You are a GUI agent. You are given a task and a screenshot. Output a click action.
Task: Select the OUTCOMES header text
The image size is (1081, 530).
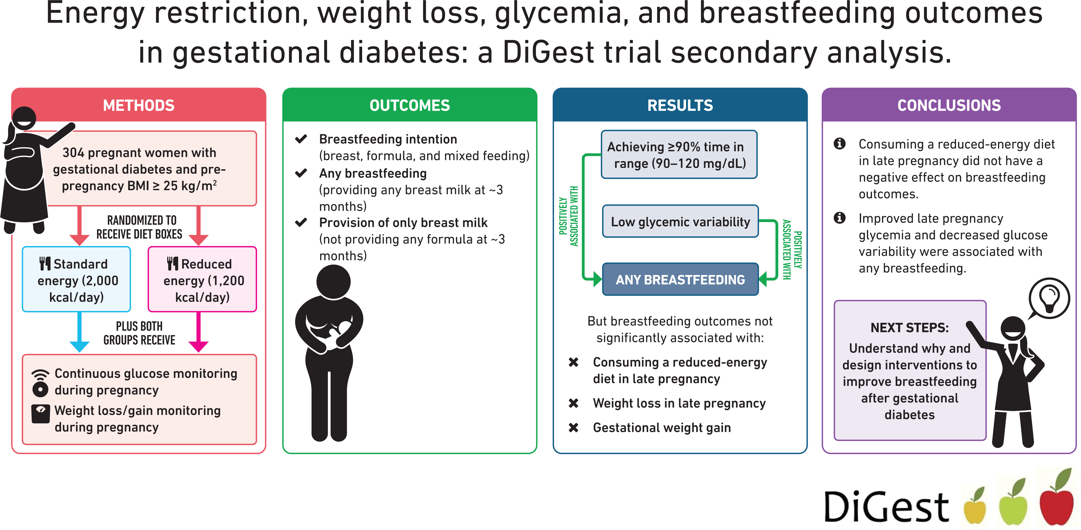click(410, 105)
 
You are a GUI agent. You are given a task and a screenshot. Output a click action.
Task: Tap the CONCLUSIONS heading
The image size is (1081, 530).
click(949, 105)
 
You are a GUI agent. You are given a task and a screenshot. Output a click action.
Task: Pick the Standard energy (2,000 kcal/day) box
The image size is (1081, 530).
click(76, 279)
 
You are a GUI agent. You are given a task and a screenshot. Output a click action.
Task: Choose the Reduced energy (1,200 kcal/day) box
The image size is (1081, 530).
click(202, 279)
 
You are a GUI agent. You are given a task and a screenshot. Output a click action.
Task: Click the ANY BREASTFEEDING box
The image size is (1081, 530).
click(680, 279)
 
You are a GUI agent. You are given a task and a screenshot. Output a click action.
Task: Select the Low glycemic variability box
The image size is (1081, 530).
click(680, 222)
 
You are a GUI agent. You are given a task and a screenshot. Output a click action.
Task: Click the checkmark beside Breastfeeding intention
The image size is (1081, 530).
click(301, 139)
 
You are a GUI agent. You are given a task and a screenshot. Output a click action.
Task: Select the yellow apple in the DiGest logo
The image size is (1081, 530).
click(975, 507)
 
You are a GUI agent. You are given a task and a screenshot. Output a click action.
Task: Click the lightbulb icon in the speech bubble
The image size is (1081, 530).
click(1049, 298)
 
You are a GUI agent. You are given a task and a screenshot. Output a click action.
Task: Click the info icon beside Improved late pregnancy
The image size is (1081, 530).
click(839, 218)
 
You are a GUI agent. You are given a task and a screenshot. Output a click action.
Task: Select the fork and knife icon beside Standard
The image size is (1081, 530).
click(45, 263)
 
